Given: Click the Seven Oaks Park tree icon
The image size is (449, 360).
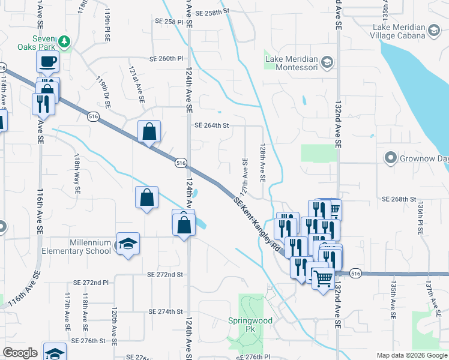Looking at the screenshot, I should pos(64,42).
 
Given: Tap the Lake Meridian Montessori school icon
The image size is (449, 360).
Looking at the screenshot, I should pos(327,61).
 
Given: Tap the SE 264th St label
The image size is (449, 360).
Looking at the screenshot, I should pos(212,125).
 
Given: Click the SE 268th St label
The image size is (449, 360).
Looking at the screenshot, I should pos(399,199).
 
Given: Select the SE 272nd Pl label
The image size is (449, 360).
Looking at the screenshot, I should pos(91,282).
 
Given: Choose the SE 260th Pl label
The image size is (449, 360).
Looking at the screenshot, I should pos(166,59).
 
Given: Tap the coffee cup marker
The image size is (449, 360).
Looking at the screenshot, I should pos(47,61).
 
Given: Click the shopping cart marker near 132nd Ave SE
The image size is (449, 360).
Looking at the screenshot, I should pos(323,278).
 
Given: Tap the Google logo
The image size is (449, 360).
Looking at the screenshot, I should pos(20,353).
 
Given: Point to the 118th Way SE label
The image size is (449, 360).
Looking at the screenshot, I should pos(77,172).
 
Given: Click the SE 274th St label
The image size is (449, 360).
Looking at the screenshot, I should pos(166,311).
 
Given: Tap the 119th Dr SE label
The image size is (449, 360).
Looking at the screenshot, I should pos(103,92).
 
